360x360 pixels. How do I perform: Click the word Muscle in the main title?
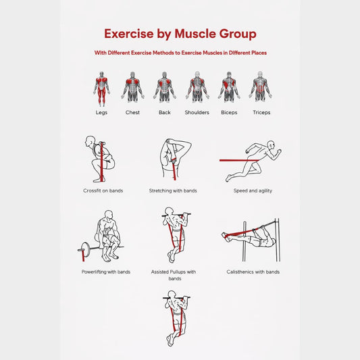point(195,34)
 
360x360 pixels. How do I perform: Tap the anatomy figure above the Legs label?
point(101,89)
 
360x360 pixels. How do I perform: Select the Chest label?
point(132,113)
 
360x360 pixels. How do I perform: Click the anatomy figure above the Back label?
point(164,86)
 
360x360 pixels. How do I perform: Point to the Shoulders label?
point(197,113)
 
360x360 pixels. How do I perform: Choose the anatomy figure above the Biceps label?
point(229,86)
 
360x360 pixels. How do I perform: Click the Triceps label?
point(261,113)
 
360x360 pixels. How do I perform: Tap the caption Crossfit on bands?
point(103,190)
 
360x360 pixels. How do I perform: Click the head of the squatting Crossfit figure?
point(90,140)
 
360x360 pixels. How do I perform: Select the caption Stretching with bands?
point(173,190)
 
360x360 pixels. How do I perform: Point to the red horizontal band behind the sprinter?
point(239,160)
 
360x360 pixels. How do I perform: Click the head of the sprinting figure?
point(272,145)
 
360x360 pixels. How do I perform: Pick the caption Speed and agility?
point(253,190)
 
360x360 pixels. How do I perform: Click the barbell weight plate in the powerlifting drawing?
point(85,249)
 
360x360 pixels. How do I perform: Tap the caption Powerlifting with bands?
point(106,272)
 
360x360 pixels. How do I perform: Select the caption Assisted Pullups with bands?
point(174,275)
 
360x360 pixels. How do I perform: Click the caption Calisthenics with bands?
point(253,272)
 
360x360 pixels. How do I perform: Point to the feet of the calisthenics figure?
point(226,236)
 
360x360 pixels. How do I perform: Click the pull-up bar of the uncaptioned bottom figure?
point(176,298)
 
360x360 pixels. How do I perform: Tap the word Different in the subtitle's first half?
point(119,53)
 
